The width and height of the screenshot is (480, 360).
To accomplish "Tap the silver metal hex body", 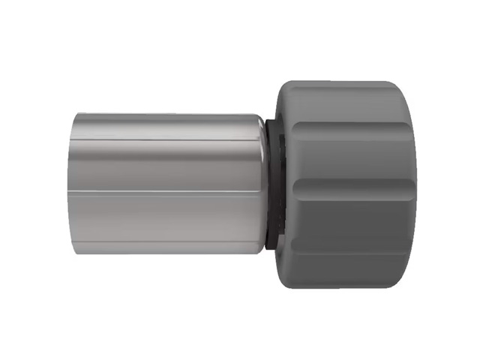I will point(165,180).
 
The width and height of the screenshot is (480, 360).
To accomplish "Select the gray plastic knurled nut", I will point(345,180).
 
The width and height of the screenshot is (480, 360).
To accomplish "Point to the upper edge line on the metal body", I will point(165,139).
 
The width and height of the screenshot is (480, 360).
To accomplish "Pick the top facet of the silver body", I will point(165,126).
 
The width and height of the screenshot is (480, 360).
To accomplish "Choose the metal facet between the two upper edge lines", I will point(165,165).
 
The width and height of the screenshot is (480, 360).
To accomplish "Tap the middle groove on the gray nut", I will point(352,182).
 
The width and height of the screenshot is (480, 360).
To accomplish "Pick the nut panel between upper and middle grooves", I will point(352,150).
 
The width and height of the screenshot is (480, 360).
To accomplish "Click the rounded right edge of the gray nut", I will point(412,184).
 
